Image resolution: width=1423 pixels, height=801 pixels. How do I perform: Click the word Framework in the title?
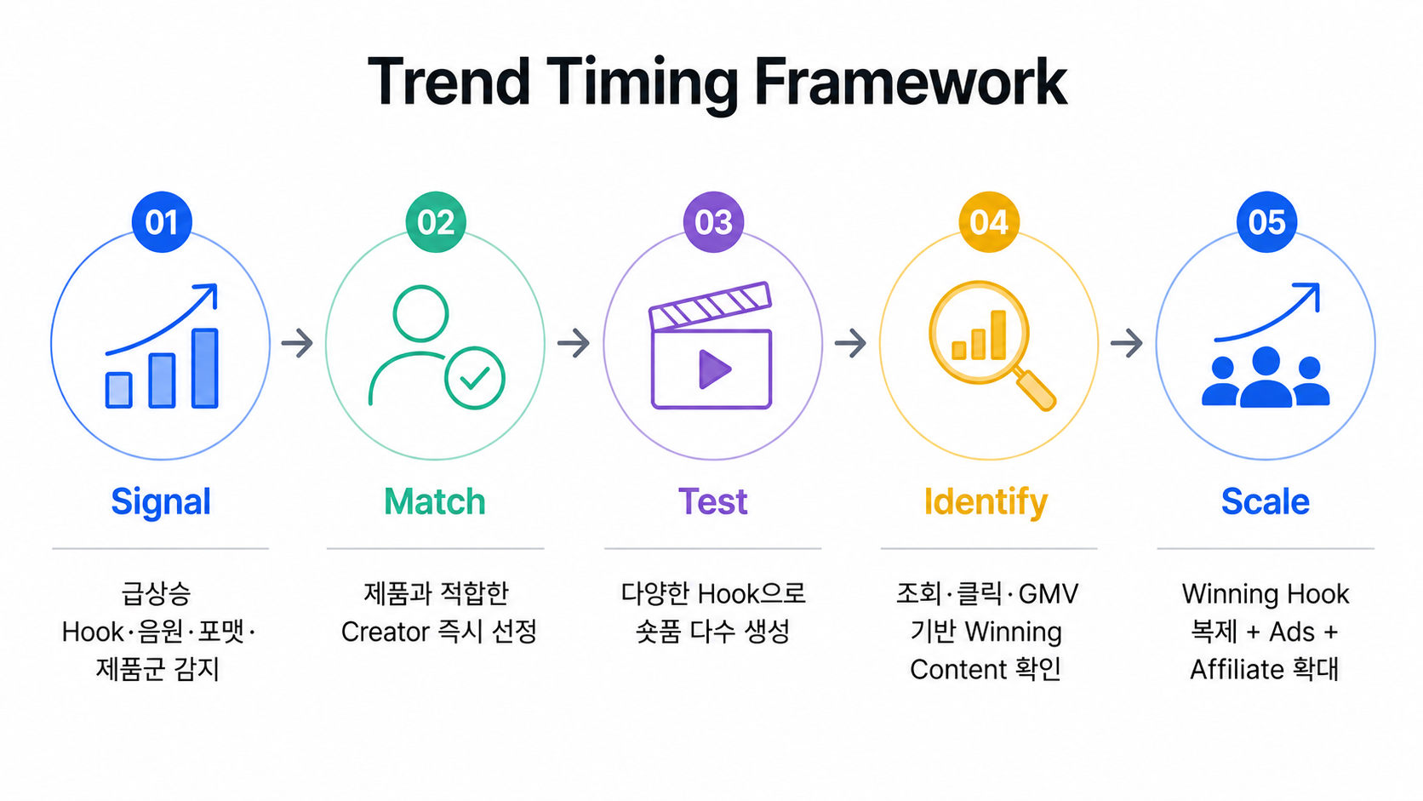pyautogui.click(x=911, y=83)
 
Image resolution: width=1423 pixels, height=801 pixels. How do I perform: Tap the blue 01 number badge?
pyautogui.click(x=162, y=221)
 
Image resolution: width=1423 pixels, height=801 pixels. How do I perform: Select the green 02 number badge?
pyautogui.click(x=436, y=221)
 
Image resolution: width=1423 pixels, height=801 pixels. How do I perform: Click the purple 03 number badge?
pyautogui.click(x=713, y=221)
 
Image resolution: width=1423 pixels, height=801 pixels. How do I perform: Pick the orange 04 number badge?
pyautogui.click(x=989, y=221)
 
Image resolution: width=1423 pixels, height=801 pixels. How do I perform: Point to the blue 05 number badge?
pyautogui.click(x=1266, y=221)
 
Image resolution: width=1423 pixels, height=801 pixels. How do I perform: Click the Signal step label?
pyautogui.click(x=161, y=502)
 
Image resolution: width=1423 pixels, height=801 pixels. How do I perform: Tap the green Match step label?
pyautogui.click(x=435, y=501)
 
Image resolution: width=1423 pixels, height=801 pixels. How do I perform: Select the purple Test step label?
pyautogui.click(x=712, y=501)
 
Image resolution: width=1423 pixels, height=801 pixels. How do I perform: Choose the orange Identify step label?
pyautogui.click(x=986, y=502)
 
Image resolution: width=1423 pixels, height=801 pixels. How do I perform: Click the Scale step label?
pyautogui.click(x=1266, y=501)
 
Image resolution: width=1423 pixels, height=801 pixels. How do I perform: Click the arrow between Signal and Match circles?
pyautogui.click(x=297, y=344)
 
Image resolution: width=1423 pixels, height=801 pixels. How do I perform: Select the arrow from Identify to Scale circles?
pyautogui.click(x=1127, y=344)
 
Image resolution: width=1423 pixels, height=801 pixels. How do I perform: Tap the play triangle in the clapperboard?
pyautogui.click(x=714, y=369)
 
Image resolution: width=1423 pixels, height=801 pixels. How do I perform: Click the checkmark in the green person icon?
pyautogui.click(x=475, y=379)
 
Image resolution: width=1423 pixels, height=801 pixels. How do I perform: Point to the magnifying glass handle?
pyautogui.click(x=1034, y=389)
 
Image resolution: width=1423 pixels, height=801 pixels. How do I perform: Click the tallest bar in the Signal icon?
pyautogui.click(x=205, y=368)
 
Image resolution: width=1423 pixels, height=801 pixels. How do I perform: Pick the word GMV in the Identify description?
pyautogui.click(x=1049, y=594)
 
